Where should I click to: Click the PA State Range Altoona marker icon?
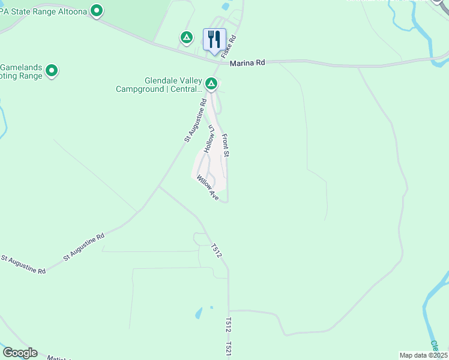pyautogui.click(x=97, y=10)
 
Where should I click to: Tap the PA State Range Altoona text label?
pyautogui.click(x=43, y=10)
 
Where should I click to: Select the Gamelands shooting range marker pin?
pyautogui.click(x=52, y=71)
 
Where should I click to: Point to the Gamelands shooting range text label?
pyautogui.click(x=22, y=71)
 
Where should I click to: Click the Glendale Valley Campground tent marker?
pyautogui.click(x=211, y=83)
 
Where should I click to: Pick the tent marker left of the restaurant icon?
pyautogui.click(x=187, y=38)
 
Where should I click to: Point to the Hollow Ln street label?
pyautogui.click(x=208, y=139)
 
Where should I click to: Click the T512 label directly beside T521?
pyautogui.click(x=229, y=325)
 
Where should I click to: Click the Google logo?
pyautogui.click(x=20, y=353)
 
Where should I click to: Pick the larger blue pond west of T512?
pyautogui.click(x=198, y=313)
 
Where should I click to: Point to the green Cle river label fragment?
pyautogui.click(x=434, y=346)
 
